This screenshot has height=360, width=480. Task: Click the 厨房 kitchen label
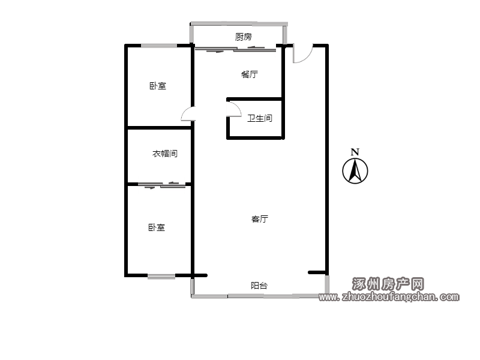(x=244, y=37)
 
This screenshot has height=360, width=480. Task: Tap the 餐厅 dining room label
(x=250, y=74)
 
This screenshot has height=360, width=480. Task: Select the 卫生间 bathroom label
(x=260, y=118)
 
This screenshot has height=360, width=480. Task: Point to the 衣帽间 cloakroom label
(x=165, y=154)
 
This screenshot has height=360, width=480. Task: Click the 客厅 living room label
(x=260, y=219)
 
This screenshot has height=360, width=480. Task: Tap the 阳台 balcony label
(x=259, y=286)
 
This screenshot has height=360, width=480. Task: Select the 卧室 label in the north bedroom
(x=158, y=86)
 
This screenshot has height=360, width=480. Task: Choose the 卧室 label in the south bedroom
(x=157, y=227)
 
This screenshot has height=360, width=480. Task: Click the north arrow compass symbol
(x=355, y=171)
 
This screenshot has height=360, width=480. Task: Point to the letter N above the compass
(x=355, y=152)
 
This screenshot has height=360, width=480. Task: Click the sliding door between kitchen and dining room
(x=235, y=49)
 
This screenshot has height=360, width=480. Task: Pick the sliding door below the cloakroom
(x=161, y=185)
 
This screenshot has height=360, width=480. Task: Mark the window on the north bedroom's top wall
(x=159, y=46)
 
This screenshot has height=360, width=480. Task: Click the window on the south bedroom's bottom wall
(x=161, y=277)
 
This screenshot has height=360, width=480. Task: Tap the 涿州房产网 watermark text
(x=388, y=284)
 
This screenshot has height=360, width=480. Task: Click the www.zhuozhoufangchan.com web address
(x=389, y=296)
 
